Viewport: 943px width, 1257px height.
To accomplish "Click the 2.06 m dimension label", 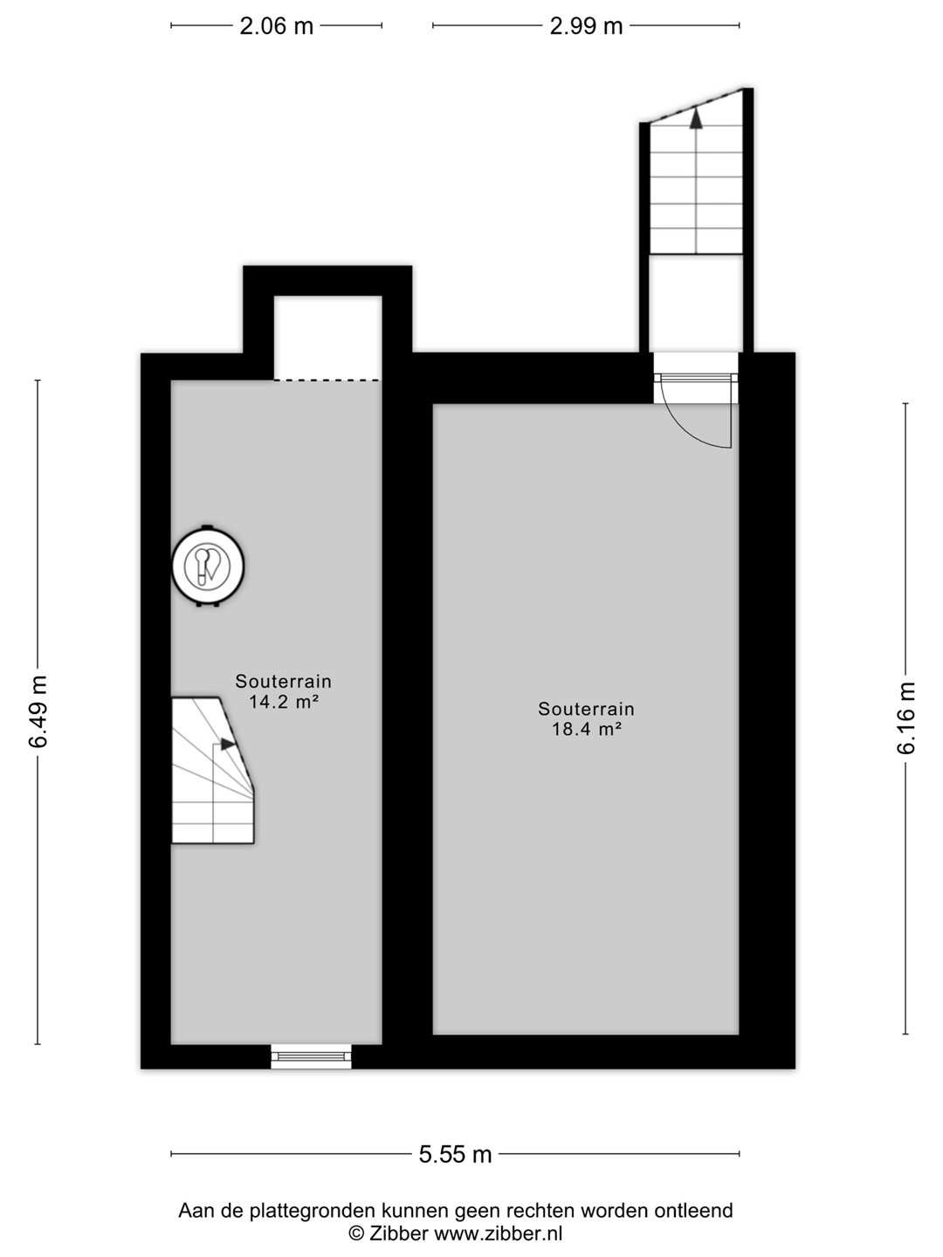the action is click(x=276, y=26).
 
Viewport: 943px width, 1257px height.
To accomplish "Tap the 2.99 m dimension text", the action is click(x=586, y=26).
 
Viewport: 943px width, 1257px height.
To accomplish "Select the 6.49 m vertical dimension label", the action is click(x=39, y=711).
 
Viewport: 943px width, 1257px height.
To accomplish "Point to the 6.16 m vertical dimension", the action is click(x=906, y=718).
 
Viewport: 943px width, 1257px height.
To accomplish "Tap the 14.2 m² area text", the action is click(x=284, y=702).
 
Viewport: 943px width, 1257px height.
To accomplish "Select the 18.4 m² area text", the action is click(x=586, y=729).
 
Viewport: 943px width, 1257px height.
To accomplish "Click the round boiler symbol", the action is click(x=208, y=566).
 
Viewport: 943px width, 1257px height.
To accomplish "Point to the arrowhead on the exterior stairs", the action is click(x=696, y=118).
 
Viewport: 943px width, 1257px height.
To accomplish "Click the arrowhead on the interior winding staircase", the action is click(x=229, y=744).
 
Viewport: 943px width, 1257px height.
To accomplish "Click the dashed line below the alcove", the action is click(x=327, y=380).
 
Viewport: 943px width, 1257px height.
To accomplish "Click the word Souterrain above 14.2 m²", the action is click(x=284, y=682).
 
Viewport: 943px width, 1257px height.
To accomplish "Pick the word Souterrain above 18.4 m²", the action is click(x=586, y=709).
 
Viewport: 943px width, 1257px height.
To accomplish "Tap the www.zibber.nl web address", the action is click(x=498, y=1233).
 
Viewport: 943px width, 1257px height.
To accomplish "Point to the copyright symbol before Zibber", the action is click(x=357, y=1233).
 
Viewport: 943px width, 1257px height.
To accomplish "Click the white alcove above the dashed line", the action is click(x=327, y=337).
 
